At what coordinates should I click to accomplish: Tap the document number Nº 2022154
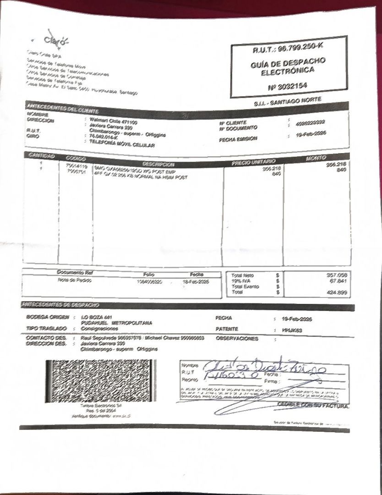(x=288, y=86)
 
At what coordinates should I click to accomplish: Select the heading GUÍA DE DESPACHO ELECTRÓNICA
(x=288, y=67)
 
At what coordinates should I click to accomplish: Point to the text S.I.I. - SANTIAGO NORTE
(x=288, y=102)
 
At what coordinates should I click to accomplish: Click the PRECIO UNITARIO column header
(x=253, y=162)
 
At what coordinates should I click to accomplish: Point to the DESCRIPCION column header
(x=158, y=164)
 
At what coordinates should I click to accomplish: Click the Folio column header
(x=148, y=274)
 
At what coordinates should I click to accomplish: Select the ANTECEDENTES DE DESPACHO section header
(x=60, y=305)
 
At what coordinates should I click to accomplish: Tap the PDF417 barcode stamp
(x=100, y=381)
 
